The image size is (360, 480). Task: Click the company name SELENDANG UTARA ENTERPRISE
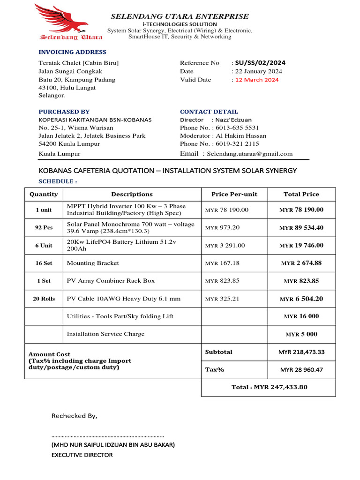180,16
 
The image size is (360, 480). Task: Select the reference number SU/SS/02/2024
260,63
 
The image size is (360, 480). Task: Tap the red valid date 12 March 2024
257,80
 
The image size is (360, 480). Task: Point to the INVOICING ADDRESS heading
72,52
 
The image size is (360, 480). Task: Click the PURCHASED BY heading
64,112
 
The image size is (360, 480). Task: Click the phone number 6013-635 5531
242,128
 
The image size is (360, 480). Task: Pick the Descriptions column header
132,194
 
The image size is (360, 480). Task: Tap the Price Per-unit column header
234,194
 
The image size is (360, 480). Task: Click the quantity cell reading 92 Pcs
44,228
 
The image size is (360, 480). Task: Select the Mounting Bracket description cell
93,263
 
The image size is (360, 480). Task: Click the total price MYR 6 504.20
301,299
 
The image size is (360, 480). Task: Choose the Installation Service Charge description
105,334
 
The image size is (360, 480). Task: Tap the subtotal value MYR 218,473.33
301,352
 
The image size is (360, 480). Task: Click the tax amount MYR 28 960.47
301,370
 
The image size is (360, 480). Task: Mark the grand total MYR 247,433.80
269,387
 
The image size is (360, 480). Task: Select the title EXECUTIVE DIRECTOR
82,455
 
